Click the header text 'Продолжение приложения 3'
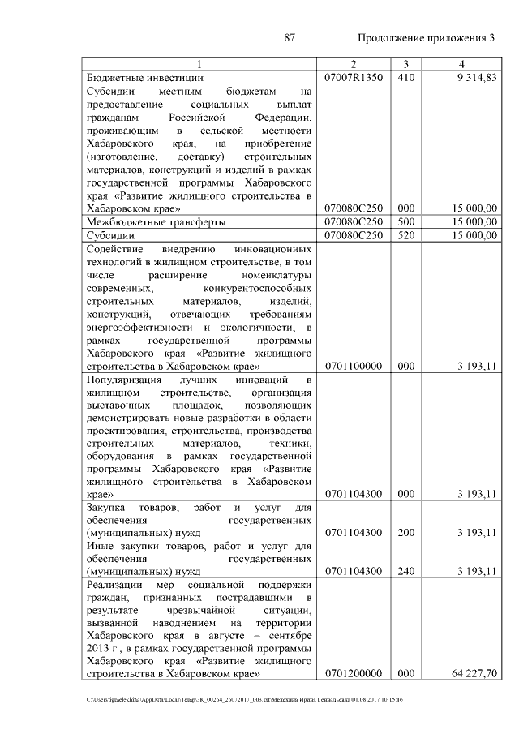point(426,38)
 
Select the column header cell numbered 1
point(199,64)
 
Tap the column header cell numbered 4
point(461,64)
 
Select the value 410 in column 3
point(405,78)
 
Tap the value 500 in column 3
point(405,221)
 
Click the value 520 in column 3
point(405,235)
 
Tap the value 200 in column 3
point(405,533)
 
